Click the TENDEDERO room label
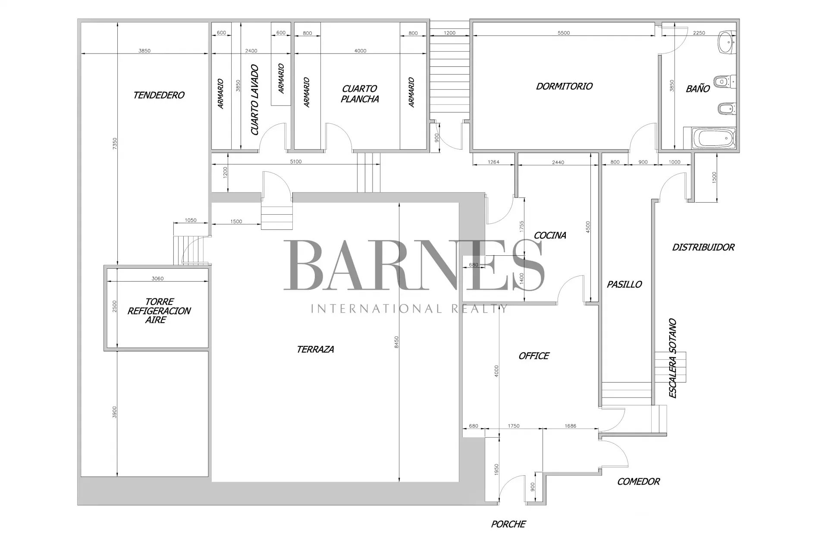(159, 95)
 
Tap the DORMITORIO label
(564, 86)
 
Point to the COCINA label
(550, 235)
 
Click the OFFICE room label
(533, 356)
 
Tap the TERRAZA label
(315, 349)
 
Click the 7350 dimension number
(114, 144)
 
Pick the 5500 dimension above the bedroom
(564, 33)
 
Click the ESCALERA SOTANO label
(672, 358)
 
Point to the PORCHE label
(508, 524)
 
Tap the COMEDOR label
(638, 482)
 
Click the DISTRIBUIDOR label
(703, 247)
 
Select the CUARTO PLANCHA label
(360, 94)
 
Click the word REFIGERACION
(159, 311)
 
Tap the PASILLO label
(624, 284)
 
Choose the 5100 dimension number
(295, 162)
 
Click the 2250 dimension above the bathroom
(699, 33)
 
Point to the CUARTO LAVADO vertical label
(255, 100)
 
